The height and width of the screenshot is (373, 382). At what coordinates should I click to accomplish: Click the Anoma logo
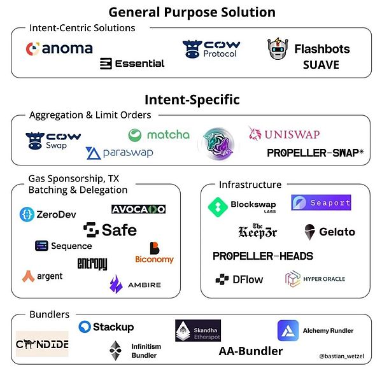[x=59, y=48]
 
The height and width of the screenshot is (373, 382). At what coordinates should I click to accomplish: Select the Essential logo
[x=132, y=64]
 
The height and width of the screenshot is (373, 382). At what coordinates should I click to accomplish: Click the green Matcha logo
[x=159, y=135]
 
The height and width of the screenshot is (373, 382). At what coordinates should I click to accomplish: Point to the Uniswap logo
[x=284, y=134]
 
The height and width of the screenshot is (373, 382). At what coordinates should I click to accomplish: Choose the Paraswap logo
[x=119, y=153]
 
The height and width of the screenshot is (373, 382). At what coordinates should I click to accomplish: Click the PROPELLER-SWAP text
[x=315, y=153]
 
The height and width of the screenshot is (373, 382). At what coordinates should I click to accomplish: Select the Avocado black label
[x=138, y=209]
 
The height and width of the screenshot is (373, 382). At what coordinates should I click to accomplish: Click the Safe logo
[x=110, y=230]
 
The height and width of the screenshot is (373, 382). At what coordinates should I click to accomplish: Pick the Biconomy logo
[x=154, y=253]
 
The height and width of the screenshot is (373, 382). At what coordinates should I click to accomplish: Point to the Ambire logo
[x=135, y=284]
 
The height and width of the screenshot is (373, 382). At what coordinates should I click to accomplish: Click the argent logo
[x=42, y=276]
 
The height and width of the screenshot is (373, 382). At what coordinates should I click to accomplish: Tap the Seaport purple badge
[x=321, y=202]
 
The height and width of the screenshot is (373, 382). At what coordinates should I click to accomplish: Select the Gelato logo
[x=329, y=232]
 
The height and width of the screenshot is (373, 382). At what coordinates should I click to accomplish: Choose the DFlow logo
[x=239, y=279]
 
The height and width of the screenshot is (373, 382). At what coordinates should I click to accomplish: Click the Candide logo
[x=42, y=344]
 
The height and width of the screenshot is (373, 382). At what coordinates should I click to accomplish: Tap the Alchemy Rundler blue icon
[x=288, y=330]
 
